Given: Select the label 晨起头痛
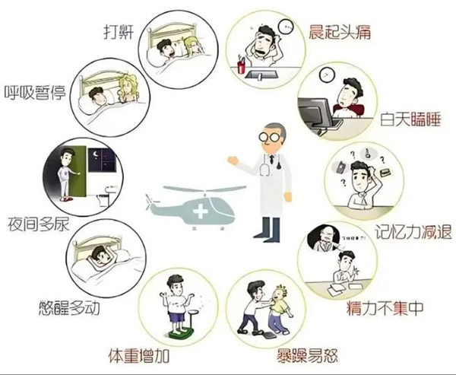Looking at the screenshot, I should tap(338, 30).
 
